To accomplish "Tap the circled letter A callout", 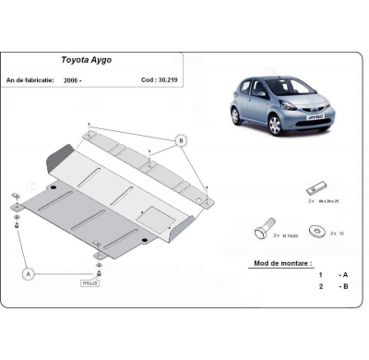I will click(28, 274).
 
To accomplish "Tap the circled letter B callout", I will click(180, 140).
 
